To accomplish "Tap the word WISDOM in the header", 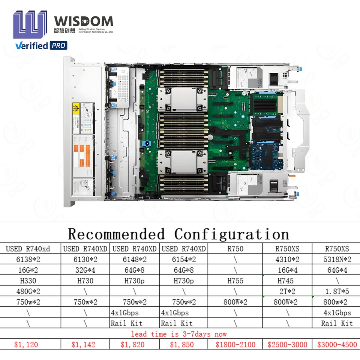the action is pyautogui.click(x=83, y=21).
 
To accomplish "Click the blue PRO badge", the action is pyautogui.click(x=58, y=46).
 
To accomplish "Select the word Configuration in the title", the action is pyautogui.click(x=231, y=234).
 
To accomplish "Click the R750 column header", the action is pyautogui.click(x=235, y=249).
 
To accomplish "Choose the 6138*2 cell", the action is pyautogui.click(x=28, y=259).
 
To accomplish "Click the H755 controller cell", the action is pyautogui.click(x=235, y=280).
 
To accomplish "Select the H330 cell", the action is pyautogui.click(x=28, y=280).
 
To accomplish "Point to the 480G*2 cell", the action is pyautogui.click(x=28, y=291).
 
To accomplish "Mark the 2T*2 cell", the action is pyautogui.click(x=287, y=291).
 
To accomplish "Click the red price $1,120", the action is pyautogui.click(x=26, y=345).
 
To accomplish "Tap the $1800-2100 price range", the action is pyautogui.click(x=235, y=345).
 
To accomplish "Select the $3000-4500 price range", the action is pyautogui.click(x=337, y=345).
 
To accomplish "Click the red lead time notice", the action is pyautogui.click(x=179, y=334).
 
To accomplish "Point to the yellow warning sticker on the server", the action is pyautogui.click(x=76, y=110).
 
